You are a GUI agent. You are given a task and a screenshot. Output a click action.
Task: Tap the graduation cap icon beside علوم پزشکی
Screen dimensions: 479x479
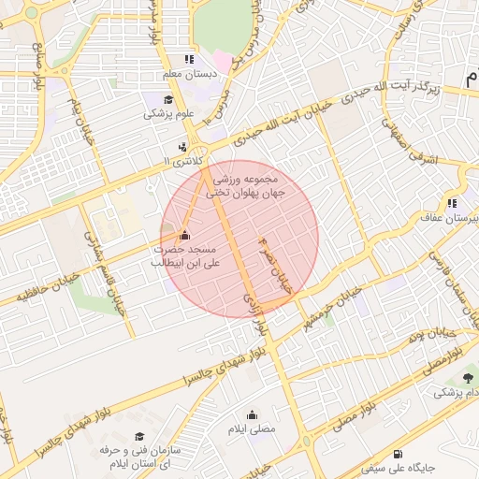[167, 100]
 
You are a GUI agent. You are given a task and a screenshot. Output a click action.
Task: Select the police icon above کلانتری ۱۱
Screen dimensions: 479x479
[182, 147]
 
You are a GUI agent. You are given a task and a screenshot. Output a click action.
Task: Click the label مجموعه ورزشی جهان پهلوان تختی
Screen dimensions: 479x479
[251, 183]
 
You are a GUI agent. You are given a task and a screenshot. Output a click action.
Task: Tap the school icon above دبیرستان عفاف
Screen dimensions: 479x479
[453, 203]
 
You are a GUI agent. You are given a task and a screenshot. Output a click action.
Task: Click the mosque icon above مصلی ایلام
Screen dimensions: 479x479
[252, 414]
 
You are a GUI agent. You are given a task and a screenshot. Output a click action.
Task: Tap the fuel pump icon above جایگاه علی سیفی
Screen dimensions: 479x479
[401, 453]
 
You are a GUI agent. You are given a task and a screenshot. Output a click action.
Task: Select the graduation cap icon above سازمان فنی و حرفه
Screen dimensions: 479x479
[139, 437]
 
